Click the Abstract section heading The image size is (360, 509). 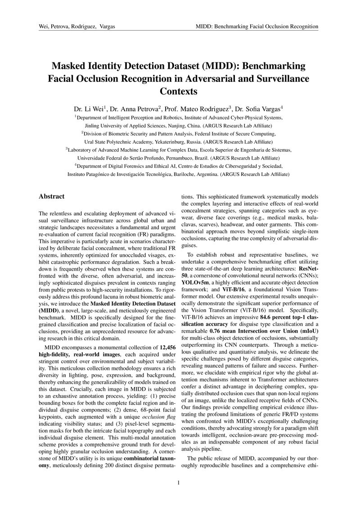coord(52,196)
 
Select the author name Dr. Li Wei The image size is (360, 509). coord(90,109)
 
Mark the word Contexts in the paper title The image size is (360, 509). coord(179,92)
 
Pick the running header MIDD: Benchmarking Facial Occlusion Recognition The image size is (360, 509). coord(257,27)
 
